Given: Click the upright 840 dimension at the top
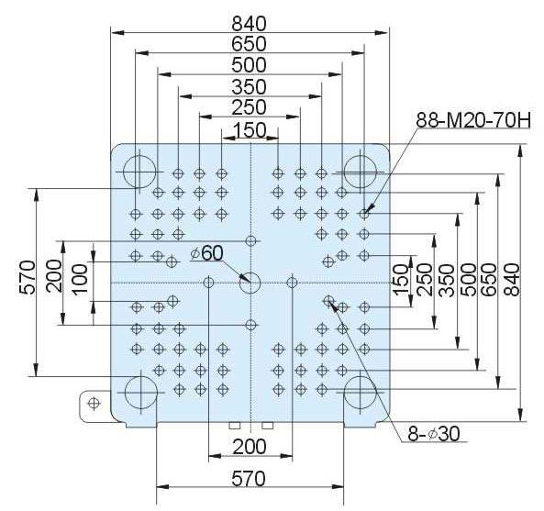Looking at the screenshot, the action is (250, 24).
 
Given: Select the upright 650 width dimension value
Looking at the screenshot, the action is (250, 44).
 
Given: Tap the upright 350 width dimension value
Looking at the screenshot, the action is (250, 87).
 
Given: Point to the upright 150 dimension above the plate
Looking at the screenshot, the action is (250, 130).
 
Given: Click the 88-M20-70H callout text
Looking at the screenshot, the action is (473, 120).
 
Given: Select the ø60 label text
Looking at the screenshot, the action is (206, 253).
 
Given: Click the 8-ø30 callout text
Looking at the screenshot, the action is (434, 434).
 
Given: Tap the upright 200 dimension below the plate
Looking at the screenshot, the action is (250, 447).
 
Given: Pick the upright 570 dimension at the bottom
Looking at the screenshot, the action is (249, 479).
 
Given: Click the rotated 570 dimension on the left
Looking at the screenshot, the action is (28, 277).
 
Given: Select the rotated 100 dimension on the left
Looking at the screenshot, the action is (81, 279).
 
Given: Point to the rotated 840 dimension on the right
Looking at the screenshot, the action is (512, 280).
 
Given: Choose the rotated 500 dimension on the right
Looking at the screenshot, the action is (469, 280).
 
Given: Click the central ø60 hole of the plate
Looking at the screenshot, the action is (250, 283).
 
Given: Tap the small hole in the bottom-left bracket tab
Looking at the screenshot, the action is (94, 403).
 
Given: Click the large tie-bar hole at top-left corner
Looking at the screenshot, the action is (139, 172).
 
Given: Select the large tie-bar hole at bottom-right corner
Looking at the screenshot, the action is (361, 393).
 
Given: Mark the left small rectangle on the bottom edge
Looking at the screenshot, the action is (235, 425).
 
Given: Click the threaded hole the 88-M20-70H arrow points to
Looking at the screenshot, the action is (364, 214).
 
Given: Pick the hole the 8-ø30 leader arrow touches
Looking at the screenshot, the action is (328, 300).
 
